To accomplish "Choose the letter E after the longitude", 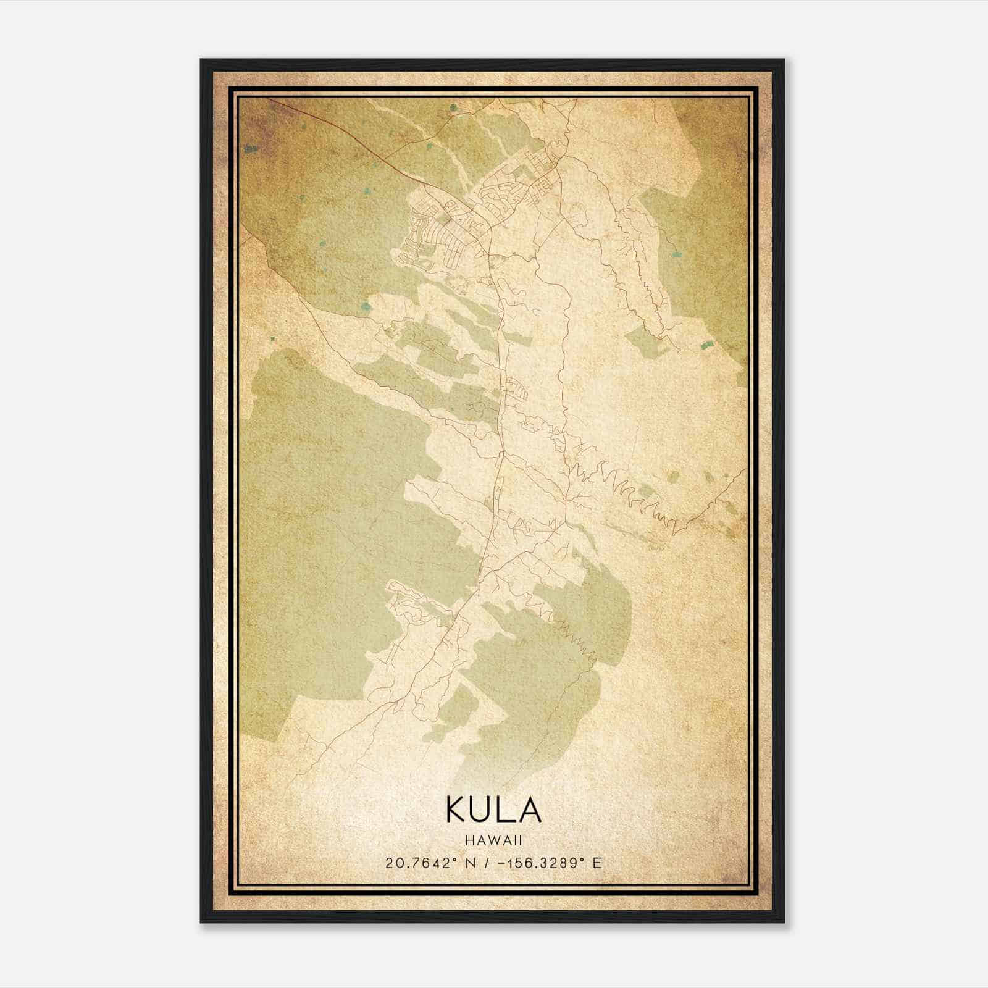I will (x=597, y=863).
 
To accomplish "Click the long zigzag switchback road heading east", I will (x=624, y=488).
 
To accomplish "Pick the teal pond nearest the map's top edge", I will (x=454, y=107).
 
